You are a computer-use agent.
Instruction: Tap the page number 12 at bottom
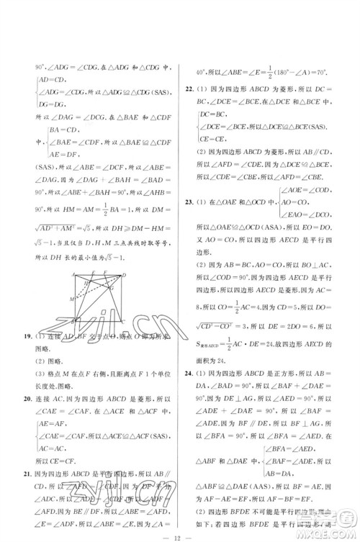179,531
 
